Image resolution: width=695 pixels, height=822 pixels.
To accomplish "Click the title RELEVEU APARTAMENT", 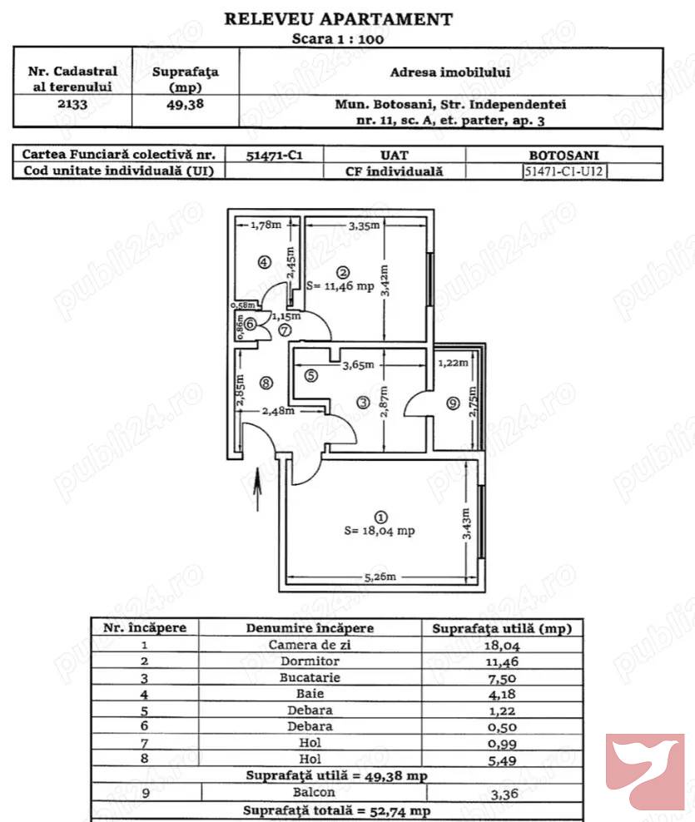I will point(339,19).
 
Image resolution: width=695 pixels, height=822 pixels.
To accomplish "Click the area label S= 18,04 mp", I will point(380,531).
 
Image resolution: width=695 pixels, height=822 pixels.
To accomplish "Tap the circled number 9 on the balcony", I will point(453,404).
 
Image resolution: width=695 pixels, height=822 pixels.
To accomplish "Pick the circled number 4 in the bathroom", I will point(264,262).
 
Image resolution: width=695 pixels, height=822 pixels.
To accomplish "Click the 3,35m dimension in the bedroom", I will point(365,225).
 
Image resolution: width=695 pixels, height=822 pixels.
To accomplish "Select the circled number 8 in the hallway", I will point(266,383).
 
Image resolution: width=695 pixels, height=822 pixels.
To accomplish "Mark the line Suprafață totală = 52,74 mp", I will point(336,810).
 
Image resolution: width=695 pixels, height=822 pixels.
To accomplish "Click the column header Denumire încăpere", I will point(310,628).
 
